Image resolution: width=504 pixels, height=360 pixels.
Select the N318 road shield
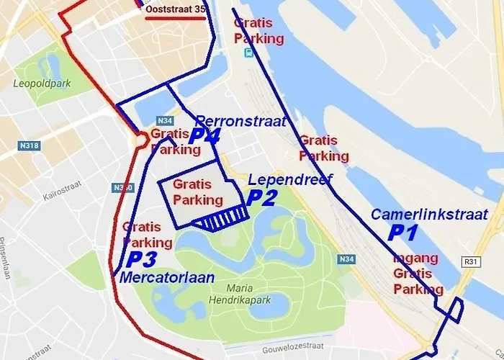coord(28,145)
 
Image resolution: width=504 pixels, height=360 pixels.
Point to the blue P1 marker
coord(402,232)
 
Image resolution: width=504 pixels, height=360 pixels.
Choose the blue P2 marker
coord(261,198)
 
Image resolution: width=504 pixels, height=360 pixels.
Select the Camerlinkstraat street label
coord(429,214)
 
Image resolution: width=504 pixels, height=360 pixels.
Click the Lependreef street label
coord(289,179)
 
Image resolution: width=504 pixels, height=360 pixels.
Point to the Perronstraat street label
coord(241,120)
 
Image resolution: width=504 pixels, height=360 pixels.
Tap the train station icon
coord(248,53)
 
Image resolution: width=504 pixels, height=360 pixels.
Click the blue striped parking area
coord(221,218)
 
